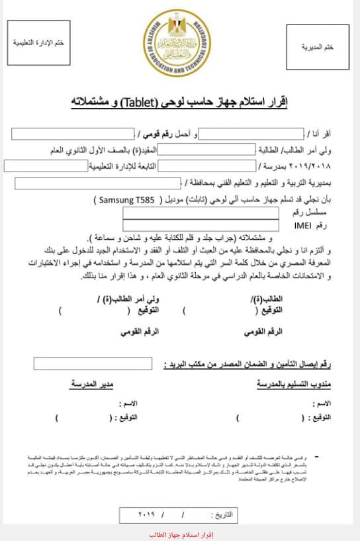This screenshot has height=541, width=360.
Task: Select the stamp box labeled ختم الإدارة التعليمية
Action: tap(42, 43)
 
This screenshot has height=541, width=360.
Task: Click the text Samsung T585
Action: tap(124, 199)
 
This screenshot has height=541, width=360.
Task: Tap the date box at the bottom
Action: tap(180, 513)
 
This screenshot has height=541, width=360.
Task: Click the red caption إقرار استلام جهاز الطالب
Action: tap(179, 534)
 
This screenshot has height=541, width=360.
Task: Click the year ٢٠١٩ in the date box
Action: tap(146, 513)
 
